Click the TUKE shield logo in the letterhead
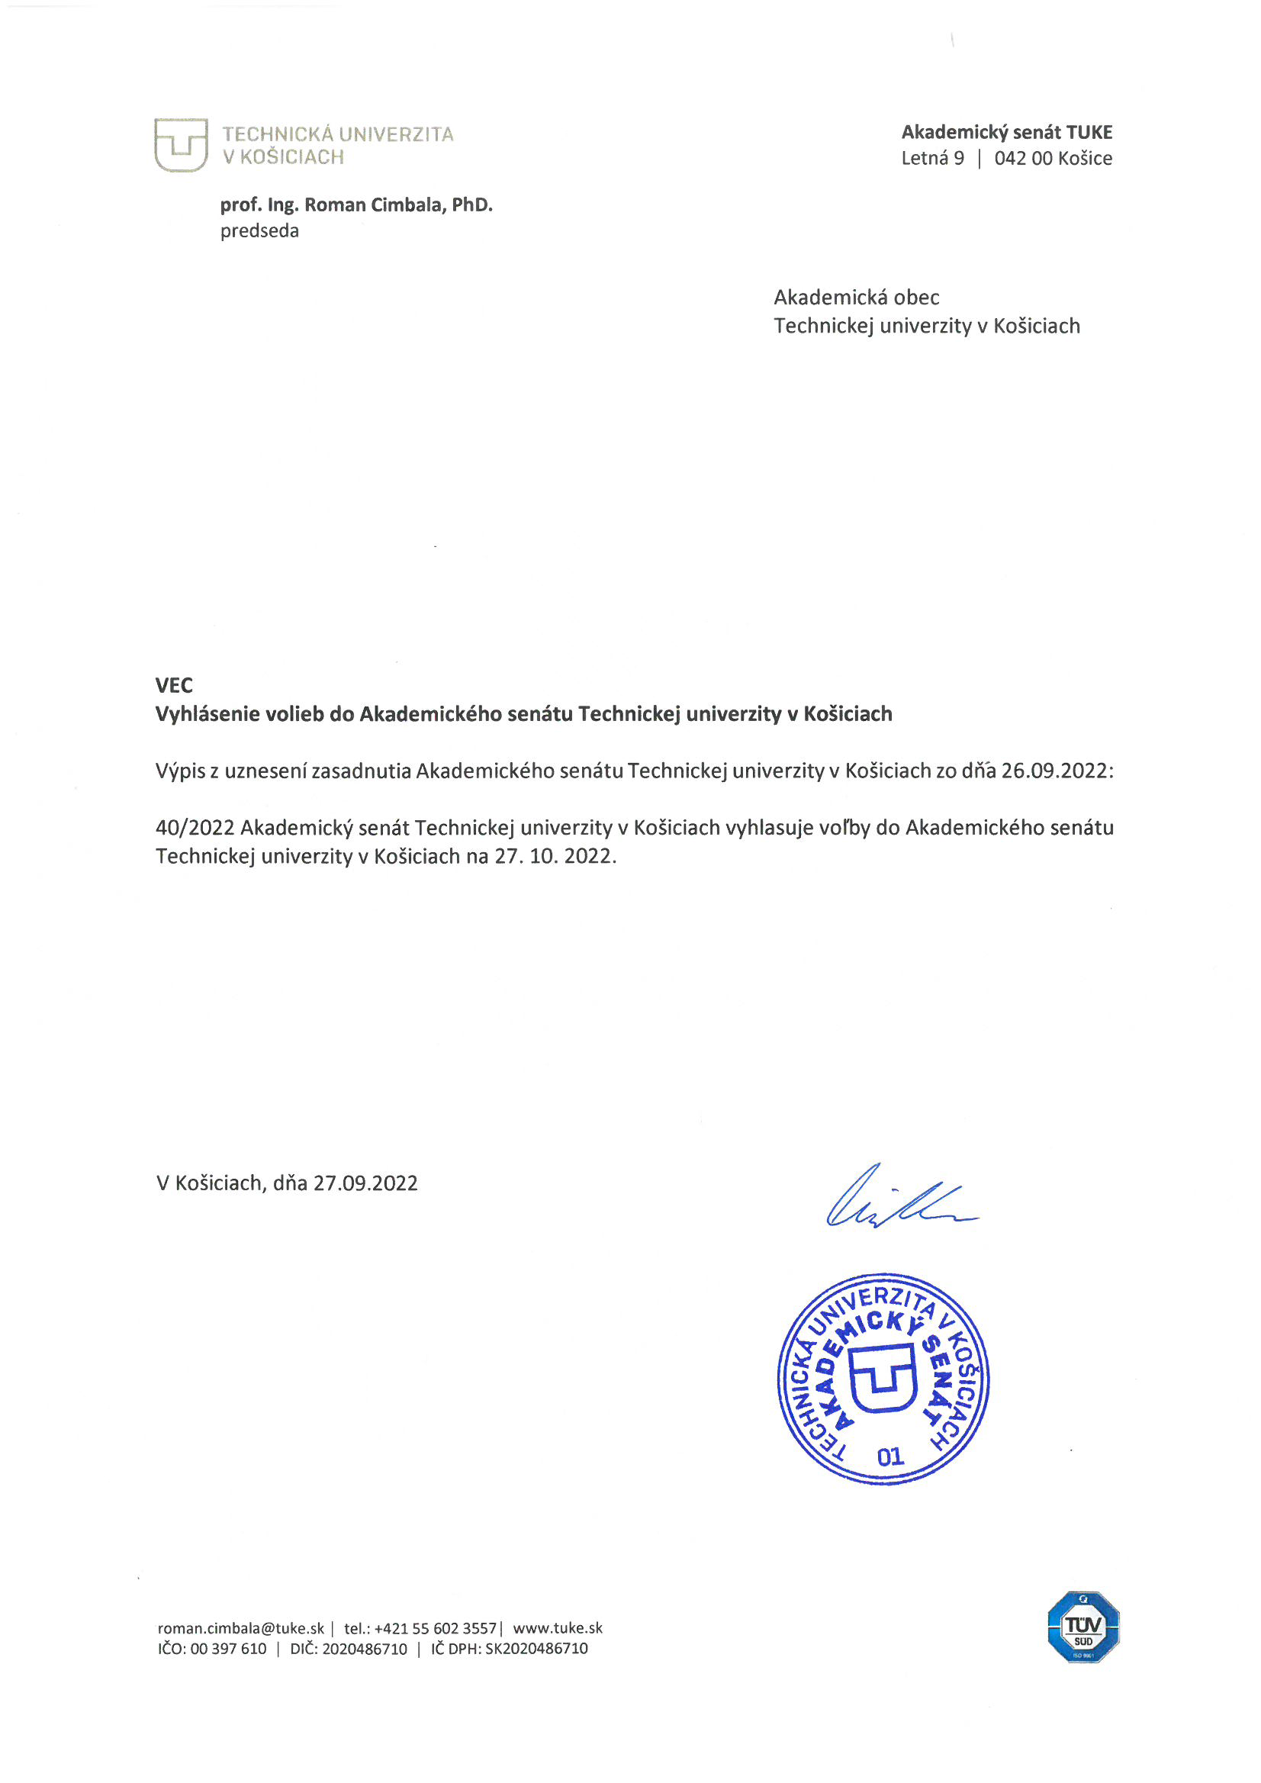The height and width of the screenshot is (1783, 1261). [x=180, y=144]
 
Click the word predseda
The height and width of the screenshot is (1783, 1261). [x=259, y=231]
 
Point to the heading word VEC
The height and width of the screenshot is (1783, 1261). [x=174, y=685]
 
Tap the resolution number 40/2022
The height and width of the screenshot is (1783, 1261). [x=195, y=828]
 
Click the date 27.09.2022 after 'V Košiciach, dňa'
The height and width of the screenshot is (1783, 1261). [x=365, y=1183]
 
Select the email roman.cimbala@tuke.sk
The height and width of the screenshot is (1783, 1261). [x=241, y=1628]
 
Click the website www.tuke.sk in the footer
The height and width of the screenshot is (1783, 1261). [x=558, y=1628]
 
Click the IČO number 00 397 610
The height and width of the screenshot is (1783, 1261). [x=227, y=1649]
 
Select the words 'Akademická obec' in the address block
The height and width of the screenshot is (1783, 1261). [x=856, y=298]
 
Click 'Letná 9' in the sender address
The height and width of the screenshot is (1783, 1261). [x=931, y=159]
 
